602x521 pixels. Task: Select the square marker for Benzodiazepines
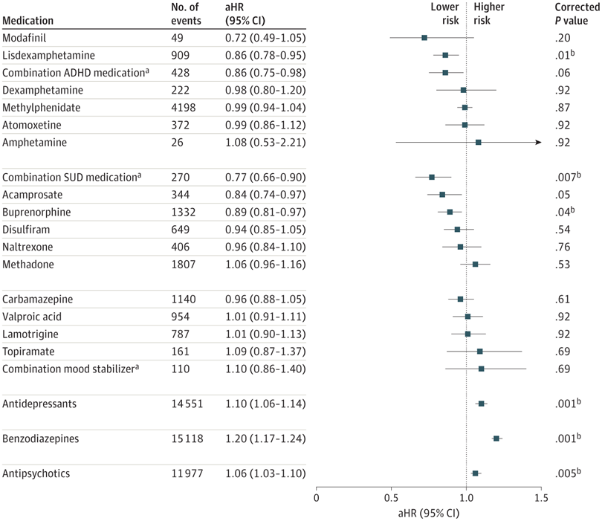click(x=496, y=439)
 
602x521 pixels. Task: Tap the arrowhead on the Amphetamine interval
click(x=538, y=142)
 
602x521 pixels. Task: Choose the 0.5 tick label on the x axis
click(x=392, y=496)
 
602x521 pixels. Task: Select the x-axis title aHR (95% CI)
click(x=429, y=512)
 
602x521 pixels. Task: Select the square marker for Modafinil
click(x=424, y=37)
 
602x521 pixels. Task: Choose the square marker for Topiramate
click(x=480, y=351)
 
